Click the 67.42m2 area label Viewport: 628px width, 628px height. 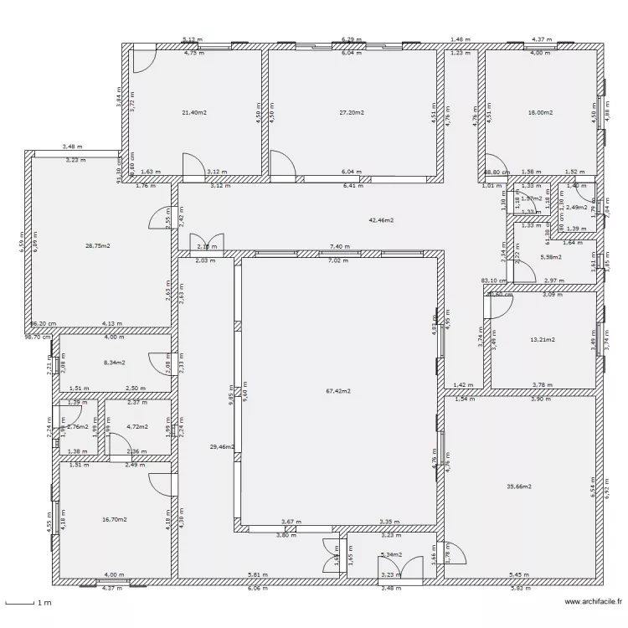tap(339, 391)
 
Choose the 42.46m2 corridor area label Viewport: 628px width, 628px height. tap(381, 220)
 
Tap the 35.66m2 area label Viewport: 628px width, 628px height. tap(519, 486)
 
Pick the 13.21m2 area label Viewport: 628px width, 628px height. tap(543, 340)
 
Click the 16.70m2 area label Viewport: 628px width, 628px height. tap(114, 519)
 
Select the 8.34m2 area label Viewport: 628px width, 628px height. tap(114, 363)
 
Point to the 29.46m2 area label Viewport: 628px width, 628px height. tap(221, 448)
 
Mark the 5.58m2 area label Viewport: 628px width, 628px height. tap(550, 257)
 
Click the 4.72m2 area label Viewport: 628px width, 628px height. tap(136, 427)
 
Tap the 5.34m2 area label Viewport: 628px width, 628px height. tap(391, 554)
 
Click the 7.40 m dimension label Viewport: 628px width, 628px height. tap(340, 247)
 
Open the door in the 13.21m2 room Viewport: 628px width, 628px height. tap(497, 305)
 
